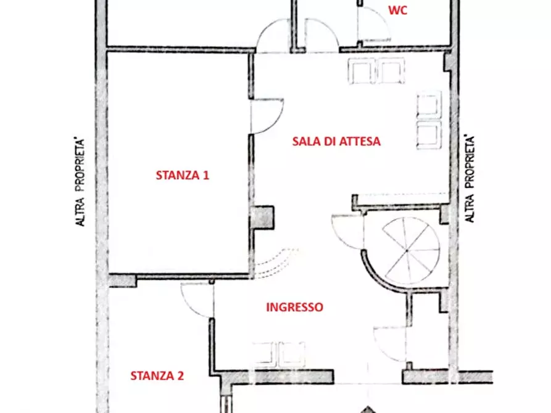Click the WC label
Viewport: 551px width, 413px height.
(398, 10)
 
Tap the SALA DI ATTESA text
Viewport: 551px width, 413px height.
(336, 141)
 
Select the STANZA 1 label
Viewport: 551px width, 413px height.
(182, 175)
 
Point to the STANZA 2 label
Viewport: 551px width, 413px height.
(157, 375)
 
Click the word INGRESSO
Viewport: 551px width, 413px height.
(294, 307)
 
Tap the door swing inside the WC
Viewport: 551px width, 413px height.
(372, 25)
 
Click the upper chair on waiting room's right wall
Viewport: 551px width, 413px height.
(429, 105)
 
